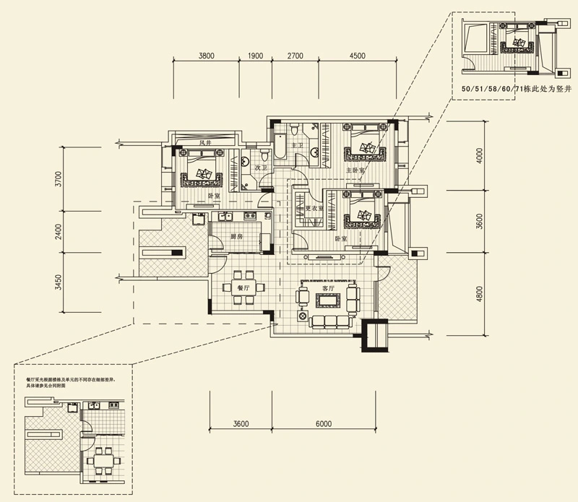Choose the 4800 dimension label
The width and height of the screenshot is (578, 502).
point(479,297)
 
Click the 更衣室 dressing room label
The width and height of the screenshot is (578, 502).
point(314,208)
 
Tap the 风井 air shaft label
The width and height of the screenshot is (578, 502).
point(204,143)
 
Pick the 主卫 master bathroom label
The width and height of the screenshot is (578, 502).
point(295,146)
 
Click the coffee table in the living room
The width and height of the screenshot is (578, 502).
point(329,299)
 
